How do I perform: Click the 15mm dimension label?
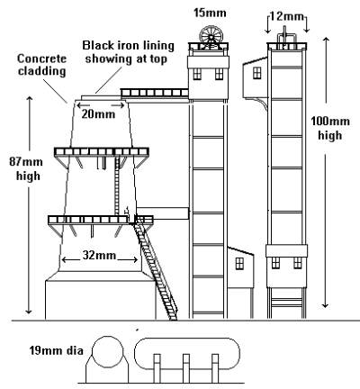(x=210, y=13)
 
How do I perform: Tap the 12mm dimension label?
(x=286, y=15)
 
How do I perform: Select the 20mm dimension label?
(x=98, y=114)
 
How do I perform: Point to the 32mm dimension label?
(x=99, y=255)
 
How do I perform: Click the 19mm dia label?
(x=56, y=350)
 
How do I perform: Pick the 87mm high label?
(x=26, y=168)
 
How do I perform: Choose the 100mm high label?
(x=330, y=128)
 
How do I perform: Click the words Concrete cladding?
(x=41, y=65)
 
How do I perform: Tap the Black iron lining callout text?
(x=128, y=52)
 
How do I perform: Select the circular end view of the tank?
(x=108, y=352)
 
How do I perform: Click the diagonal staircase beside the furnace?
(x=155, y=268)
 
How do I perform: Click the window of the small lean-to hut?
(x=239, y=264)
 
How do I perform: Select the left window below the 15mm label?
(x=197, y=74)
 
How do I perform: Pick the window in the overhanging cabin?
(x=256, y=73)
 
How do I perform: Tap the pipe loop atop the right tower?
(x=286, y=38)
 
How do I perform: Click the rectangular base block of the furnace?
(x=101, y=300)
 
